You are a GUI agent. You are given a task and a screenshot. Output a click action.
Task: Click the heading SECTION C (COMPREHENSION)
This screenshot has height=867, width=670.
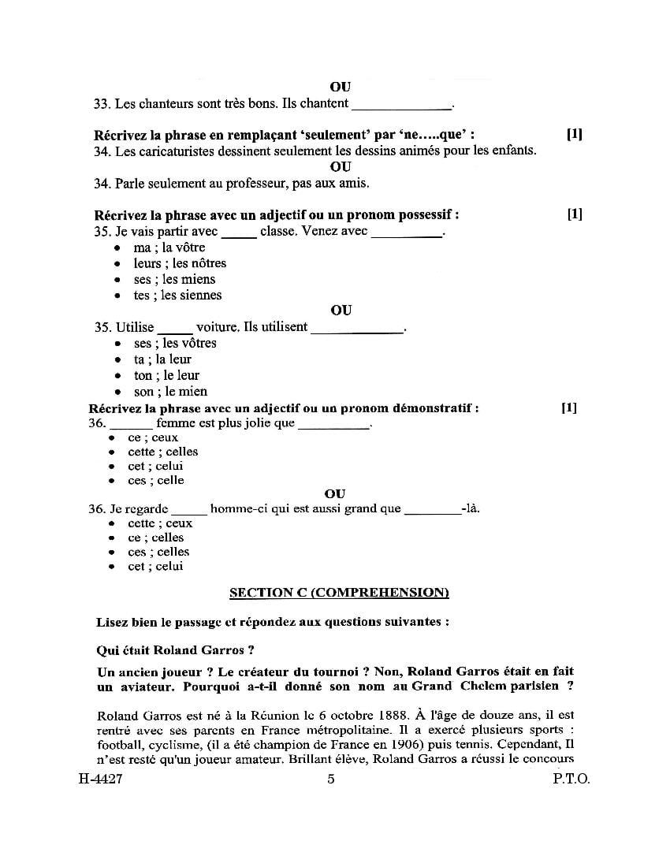339,592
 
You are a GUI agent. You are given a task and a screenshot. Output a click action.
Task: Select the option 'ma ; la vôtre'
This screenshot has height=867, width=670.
169,247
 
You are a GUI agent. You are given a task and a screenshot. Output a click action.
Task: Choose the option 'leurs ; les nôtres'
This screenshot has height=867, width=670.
180,263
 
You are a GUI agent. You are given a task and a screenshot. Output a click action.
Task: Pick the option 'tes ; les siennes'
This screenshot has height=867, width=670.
177,296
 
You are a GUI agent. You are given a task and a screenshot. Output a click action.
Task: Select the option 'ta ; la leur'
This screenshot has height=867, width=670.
162,359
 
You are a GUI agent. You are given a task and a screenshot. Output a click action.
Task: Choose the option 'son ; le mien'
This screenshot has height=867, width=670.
170,392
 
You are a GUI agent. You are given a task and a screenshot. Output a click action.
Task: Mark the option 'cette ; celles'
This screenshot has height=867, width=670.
162,452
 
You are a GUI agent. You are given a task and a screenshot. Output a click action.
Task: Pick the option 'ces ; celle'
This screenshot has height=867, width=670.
155,480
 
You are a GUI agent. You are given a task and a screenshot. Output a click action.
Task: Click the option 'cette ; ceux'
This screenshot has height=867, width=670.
160,523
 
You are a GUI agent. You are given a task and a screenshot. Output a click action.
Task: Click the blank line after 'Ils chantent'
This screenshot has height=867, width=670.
402,106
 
